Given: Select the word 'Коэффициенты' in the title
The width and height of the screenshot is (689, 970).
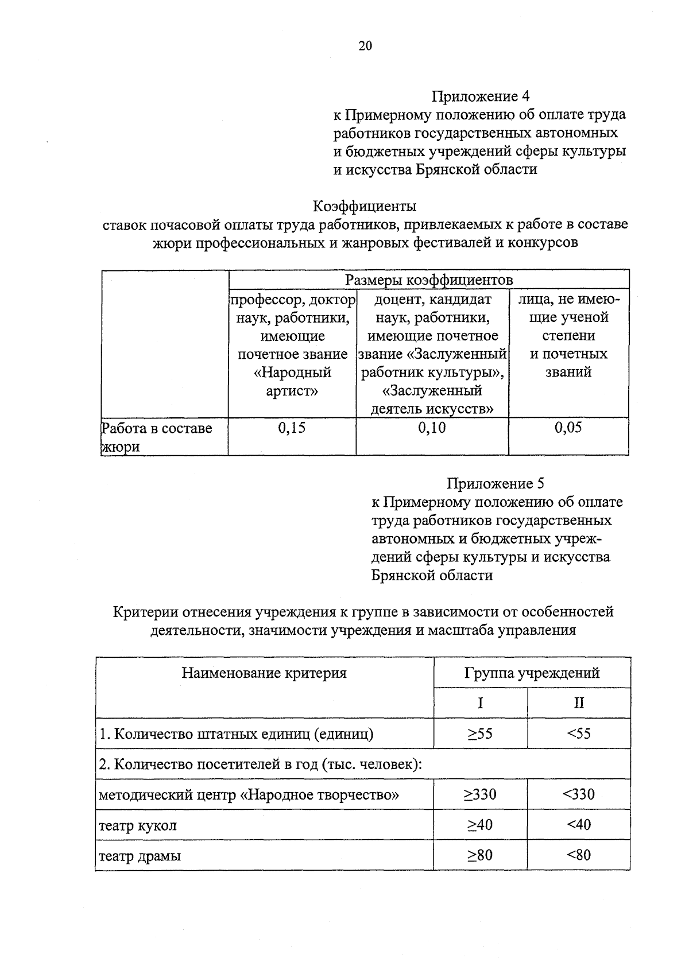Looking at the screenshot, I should [x=365, y=205].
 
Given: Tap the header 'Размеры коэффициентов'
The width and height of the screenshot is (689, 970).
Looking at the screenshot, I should [x=428, y=280].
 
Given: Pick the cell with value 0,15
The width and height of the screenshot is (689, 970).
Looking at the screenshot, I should [x=292, y=428].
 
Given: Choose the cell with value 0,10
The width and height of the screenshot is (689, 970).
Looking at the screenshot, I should [x=432, y=428].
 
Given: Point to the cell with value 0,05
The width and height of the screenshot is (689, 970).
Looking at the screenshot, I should [x=568, y=428].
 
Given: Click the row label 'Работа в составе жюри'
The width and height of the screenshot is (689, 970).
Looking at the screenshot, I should [x=157, y=437].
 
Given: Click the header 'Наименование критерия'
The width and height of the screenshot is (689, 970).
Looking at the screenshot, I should [x=264, y=673].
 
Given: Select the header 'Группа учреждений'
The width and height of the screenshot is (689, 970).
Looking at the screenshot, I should [x=532, y=673].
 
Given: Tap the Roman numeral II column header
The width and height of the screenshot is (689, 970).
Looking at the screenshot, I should [x=579, y=703].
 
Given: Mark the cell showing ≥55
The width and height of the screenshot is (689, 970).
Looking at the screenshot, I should [x=480, y=734].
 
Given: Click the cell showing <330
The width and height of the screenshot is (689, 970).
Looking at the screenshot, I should [x=579, y=794].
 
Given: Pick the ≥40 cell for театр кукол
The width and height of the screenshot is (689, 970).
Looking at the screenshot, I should [x=480, y=825].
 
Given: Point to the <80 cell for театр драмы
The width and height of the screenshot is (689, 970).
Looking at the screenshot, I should [x=579, y=855].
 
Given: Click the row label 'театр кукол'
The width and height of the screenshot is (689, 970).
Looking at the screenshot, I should [x=138, y=826].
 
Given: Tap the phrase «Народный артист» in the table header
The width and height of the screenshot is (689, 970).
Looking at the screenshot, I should [x=292, y=382].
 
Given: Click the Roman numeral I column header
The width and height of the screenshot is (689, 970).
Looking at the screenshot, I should [x=480, y=703].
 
